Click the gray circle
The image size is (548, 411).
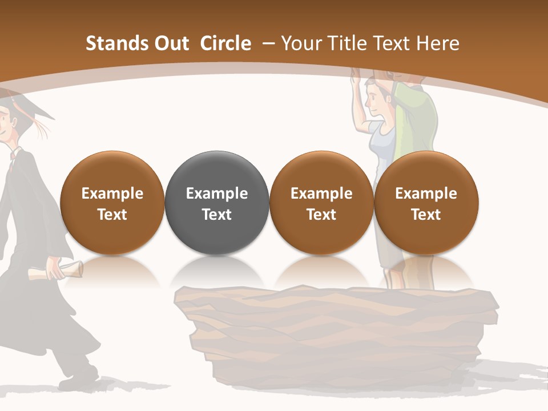217,203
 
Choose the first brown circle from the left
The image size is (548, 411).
112,203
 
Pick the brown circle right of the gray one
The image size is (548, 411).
321,203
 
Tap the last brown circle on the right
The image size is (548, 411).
426,203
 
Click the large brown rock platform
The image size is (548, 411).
337,331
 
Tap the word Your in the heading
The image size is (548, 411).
301,43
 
